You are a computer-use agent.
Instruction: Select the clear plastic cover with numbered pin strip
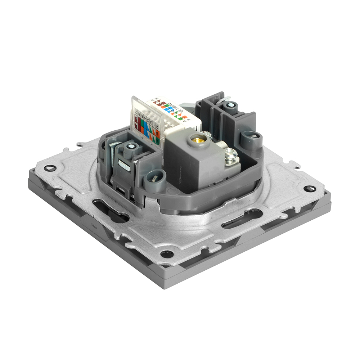point(145,121)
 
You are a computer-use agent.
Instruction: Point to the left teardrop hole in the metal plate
point(50,168)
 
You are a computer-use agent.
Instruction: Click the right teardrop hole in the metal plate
point(309,188)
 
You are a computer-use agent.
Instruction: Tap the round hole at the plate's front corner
point(166,253)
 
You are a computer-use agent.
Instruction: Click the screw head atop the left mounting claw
point(131,147)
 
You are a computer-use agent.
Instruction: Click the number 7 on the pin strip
point(136,112)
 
